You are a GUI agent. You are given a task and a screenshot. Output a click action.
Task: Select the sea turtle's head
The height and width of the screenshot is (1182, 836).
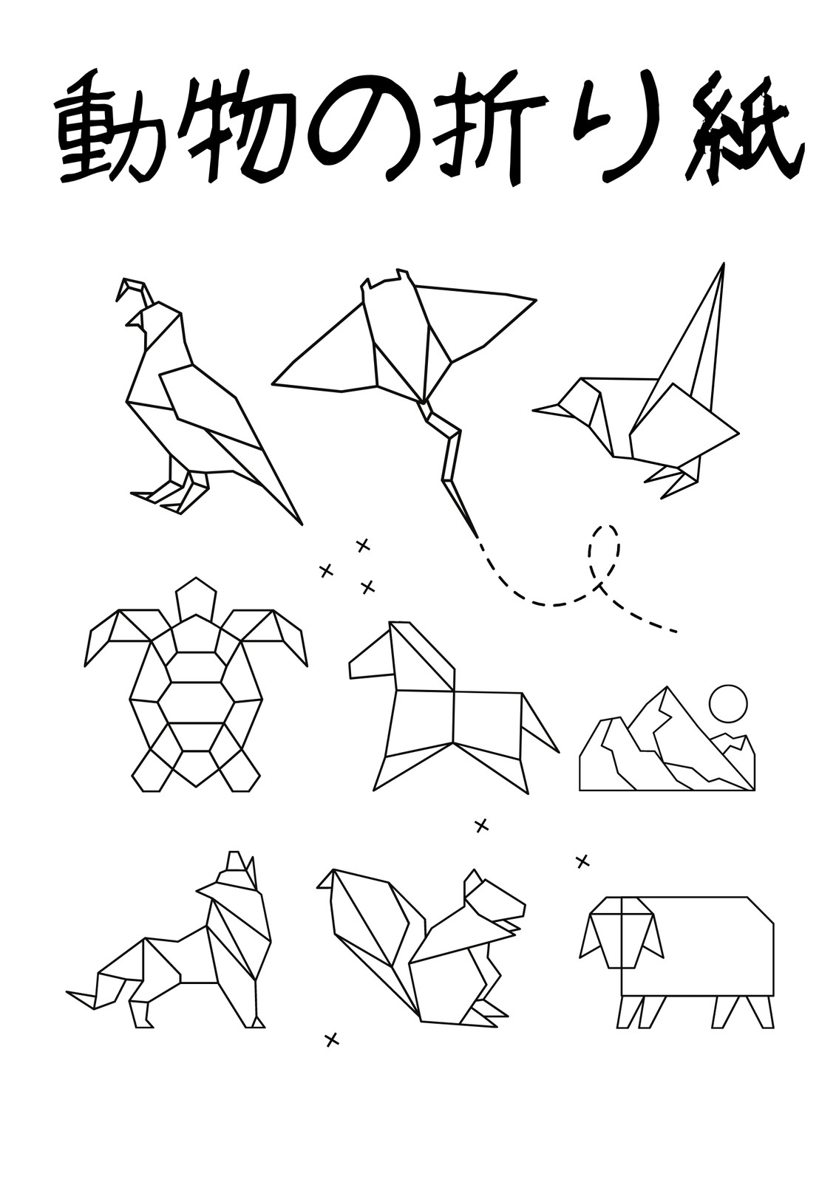197,599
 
